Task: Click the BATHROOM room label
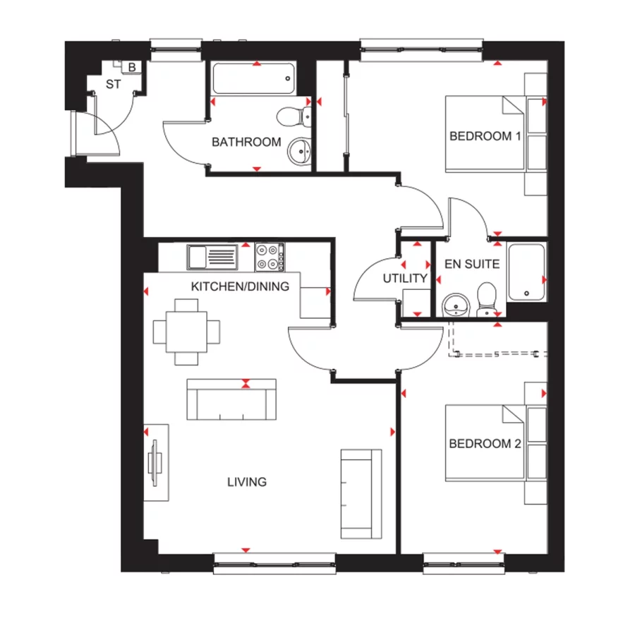coord(246,142)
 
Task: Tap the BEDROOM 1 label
coord(485,136)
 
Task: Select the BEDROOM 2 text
coord(485,444)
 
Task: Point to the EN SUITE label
coord(472,264)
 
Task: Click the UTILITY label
coord(405,278)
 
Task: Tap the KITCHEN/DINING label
coord(240,286)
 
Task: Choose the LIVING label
coord(247,482)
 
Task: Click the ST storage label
coord(114,84)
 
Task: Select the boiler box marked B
coord(132,67)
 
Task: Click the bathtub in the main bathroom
coord(254,78)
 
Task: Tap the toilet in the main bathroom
coord(294,116)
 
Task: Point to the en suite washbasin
coord(456,305)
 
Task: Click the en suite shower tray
coord(526,272)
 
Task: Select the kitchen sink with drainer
coord(212,257)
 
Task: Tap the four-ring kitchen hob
coord(270,257)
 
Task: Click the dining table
coord(187,332)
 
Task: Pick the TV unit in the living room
coord(157,462)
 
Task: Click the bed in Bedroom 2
coord(485,443)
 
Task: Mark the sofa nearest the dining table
coord(231,400)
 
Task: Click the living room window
coord(275,563)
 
